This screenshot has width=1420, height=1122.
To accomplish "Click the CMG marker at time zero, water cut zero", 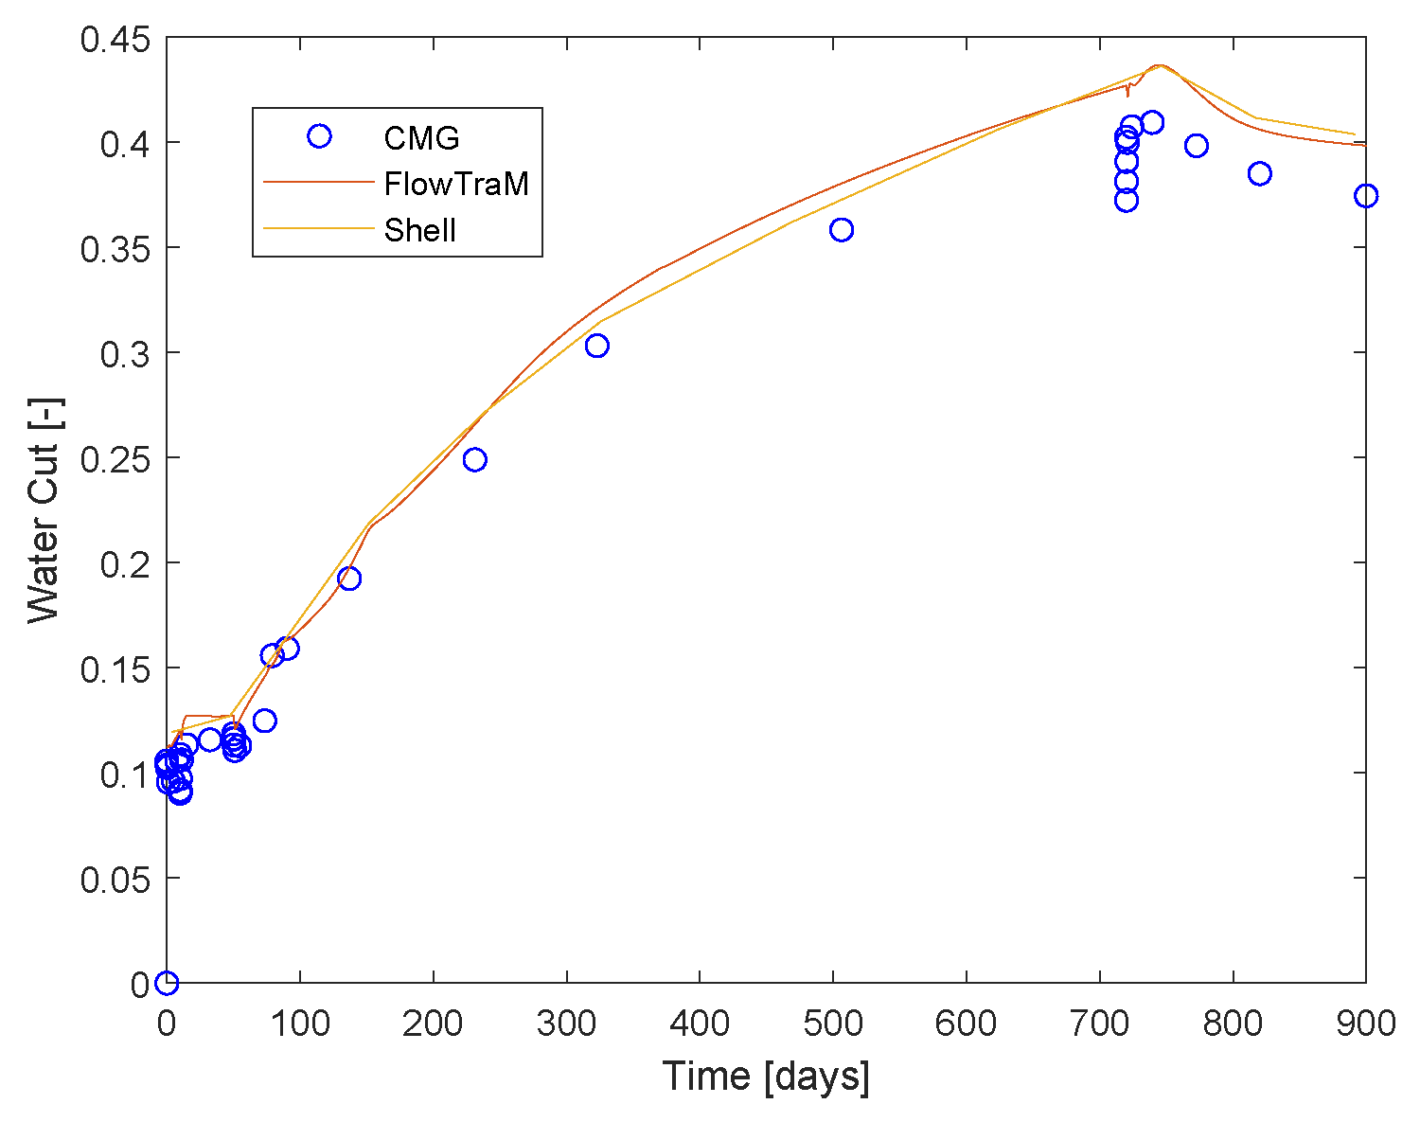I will click(167, 983).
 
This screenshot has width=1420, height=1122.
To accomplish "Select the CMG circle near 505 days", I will click(842, 230).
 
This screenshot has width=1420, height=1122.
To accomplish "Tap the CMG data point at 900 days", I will click(1365, 196).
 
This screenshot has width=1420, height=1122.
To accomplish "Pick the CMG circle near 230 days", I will click(474, 460).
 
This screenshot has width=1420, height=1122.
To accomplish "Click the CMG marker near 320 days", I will click(596, 347).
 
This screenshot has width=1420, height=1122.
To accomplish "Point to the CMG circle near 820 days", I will click(1259, 174).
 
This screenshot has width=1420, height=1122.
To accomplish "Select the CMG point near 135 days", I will click(348, 579).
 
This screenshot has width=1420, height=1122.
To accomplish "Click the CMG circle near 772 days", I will click(1197, 146).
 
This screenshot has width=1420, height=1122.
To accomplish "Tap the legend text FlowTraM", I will click(455, 184).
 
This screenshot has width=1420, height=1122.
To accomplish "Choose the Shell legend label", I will click(420, 230).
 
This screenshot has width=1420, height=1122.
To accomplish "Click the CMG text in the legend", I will click(421, 138).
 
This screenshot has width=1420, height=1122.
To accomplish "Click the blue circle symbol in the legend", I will click(319, 137).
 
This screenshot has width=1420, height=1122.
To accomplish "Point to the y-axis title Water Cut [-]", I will click(44, 511).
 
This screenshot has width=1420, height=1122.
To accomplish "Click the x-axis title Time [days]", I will click(765, 1077).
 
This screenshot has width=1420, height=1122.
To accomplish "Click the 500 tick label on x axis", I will click(833, 1024).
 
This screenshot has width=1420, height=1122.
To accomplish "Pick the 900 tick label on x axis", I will click(1364, 1024).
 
